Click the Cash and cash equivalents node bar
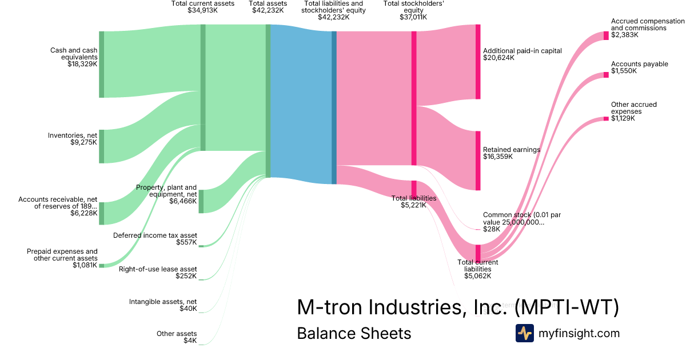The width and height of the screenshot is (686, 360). tap(102, 65)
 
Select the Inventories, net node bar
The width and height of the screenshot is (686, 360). tap(102, 146)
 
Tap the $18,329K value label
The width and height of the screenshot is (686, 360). tap(82, 64)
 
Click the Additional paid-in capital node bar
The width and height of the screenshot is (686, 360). tap(478, 62)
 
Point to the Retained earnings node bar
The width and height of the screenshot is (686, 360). tap(478, 161)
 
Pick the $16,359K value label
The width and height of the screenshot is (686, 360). tap(498, 157)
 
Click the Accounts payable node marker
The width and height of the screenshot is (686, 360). tap(606, 75)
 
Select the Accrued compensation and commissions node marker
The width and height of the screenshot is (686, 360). tap(606, 35)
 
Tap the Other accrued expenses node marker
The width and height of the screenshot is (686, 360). tap(606, 118)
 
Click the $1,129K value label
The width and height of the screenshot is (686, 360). tap(623, 118)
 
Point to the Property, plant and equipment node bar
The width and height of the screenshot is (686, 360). tap(201, 201)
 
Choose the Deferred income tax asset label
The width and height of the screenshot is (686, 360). tap(155, 235)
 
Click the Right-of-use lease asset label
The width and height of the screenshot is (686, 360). tap(158, 269)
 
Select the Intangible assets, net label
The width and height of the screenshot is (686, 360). tap(163, 302)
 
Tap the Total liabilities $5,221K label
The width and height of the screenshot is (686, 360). tap(414, 202)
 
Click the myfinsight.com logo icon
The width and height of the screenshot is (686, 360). tap(524, 333)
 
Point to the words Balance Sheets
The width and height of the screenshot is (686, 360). tap(354, 333)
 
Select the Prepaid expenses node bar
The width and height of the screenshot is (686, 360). tap(102, 266)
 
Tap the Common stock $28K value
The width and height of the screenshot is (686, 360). tap(491, 229)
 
